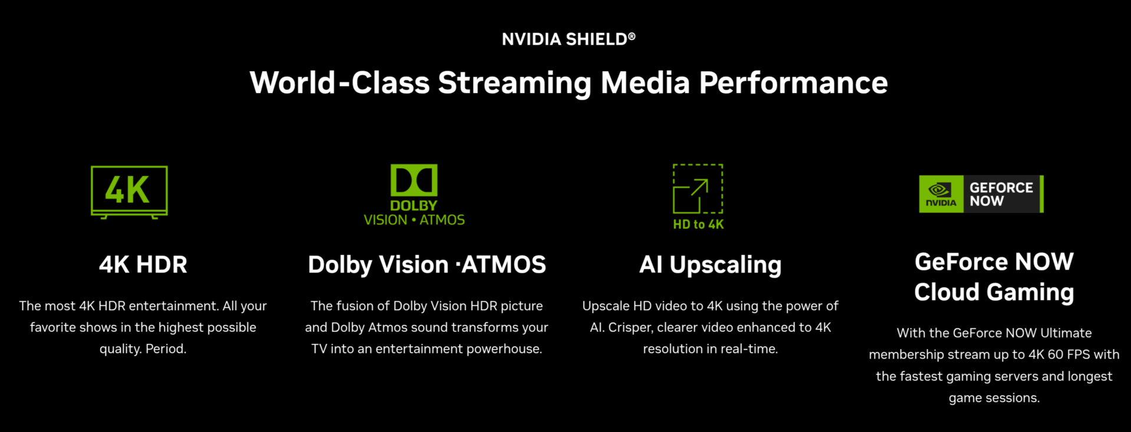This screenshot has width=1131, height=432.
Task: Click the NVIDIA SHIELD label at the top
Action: (568, 39)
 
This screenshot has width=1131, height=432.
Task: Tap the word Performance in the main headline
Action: (793, 83)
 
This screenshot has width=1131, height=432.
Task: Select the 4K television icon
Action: (129, 192)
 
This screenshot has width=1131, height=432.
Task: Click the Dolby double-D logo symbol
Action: (414, 180)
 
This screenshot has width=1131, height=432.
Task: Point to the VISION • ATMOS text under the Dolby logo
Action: (414, 220)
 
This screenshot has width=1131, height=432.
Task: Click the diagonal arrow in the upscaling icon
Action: (699, 187)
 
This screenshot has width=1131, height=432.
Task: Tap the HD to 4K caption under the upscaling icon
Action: (699, 224)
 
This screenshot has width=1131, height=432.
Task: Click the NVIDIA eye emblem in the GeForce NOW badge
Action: (940, 190)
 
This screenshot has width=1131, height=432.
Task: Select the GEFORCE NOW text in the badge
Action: (1001, 194)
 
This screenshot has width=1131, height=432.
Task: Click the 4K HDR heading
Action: (143, 265)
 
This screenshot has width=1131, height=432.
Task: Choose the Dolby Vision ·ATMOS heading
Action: (427, 265)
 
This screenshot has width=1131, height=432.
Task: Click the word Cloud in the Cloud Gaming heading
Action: (947, 292)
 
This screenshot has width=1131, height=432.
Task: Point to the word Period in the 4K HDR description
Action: (166, 349)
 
